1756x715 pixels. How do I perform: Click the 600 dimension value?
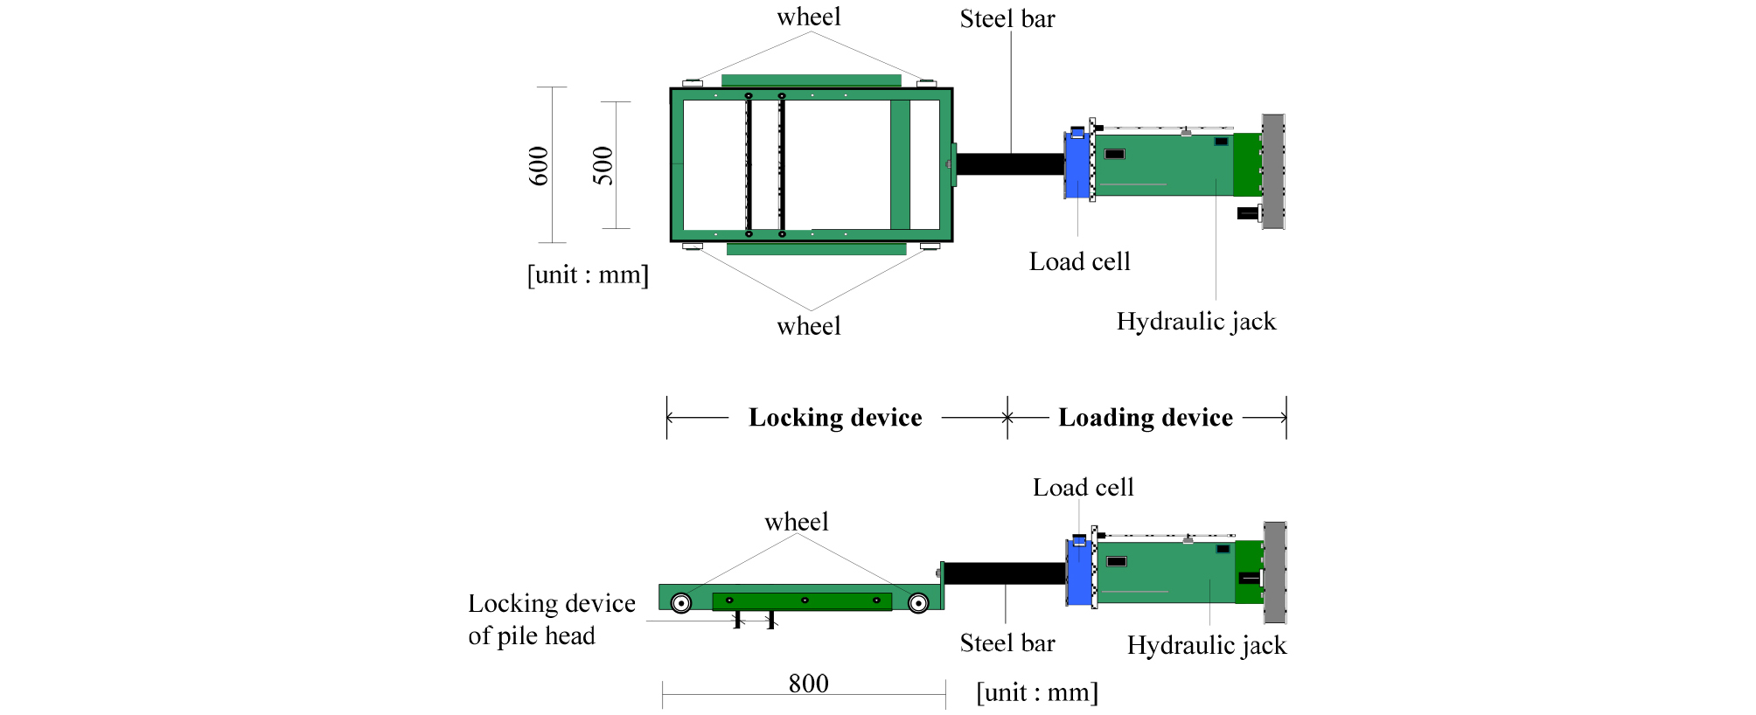coord(539,166)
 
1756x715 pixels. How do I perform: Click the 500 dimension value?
coord(603,166)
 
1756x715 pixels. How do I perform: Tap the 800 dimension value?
coord(808,684)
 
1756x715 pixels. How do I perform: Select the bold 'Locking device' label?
coord(835,418)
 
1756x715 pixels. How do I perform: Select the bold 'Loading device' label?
coord(1146,418)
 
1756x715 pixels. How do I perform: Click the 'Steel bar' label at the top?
coord(1007,19)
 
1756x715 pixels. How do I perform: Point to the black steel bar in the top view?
coord(1010,163)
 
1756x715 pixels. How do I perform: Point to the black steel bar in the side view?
coord(1005,573)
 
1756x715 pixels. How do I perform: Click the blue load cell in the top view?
coord(1077,166)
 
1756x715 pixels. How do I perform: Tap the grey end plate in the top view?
coord(1273,171)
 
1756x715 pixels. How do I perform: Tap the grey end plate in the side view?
coord(1275,572)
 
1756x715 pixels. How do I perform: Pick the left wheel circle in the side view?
coord(681,603)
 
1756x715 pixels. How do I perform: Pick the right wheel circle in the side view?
coord(918,603)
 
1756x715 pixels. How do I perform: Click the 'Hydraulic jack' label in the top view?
coord(1196,322)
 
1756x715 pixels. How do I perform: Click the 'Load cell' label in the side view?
coord(1083,488)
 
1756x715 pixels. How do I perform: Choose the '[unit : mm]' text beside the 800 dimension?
coord(1037,693)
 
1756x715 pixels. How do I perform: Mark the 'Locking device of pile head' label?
coord(551,619)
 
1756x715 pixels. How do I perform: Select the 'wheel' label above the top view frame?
coord(809,17)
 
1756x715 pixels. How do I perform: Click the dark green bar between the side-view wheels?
coord(802,601)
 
